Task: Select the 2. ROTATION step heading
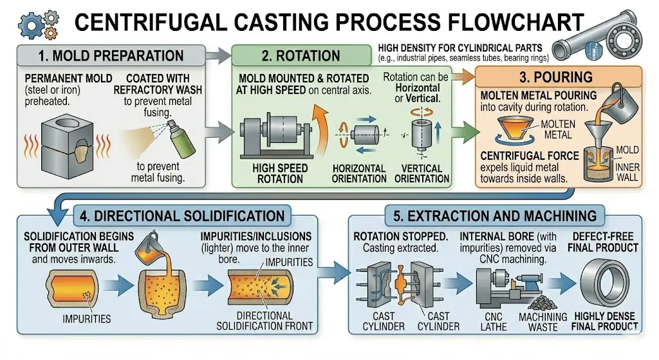(299, 55)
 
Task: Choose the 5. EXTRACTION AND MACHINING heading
(490, 215)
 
